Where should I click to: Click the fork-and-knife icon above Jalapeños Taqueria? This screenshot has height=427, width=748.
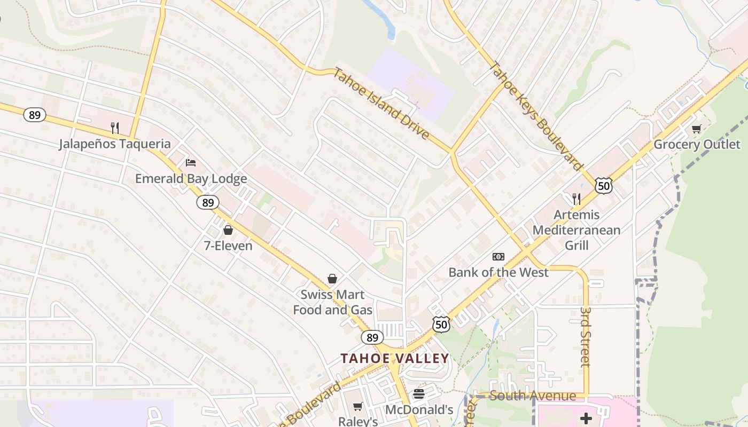114,128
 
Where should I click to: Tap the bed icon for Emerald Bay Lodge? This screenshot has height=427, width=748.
191,162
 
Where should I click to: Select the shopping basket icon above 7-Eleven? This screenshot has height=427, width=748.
228,230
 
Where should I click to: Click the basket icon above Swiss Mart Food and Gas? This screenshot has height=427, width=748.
332,279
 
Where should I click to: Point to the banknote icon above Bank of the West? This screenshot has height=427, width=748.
498,257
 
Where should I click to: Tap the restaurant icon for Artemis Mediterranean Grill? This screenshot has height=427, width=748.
576,199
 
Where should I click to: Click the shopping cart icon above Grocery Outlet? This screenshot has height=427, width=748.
697,129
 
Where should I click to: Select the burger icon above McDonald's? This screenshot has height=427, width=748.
419,394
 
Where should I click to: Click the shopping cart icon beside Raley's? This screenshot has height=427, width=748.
358,407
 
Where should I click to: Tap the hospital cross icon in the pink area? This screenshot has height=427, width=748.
586,418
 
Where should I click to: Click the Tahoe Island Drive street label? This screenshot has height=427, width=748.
381,104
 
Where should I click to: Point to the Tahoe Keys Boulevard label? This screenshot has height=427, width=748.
536,116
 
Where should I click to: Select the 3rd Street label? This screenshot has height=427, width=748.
586,336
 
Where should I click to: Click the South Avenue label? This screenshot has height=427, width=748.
533,396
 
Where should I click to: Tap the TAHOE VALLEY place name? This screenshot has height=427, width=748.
395,358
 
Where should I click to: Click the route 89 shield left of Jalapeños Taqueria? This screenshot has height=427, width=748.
35,115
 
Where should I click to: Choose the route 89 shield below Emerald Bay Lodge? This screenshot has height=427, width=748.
208,202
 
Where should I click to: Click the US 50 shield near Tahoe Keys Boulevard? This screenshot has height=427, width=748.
603,186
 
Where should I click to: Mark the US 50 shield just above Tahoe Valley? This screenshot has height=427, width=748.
441,325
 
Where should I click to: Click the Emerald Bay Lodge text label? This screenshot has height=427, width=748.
191,178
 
